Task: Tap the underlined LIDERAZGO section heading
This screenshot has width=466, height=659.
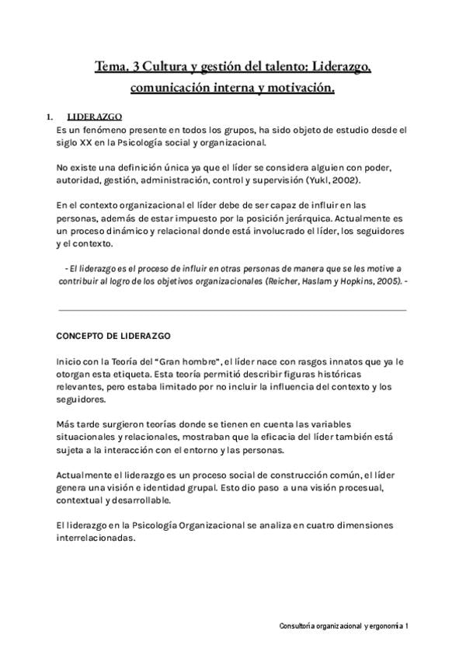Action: pyautogui.click(x=89, y=117)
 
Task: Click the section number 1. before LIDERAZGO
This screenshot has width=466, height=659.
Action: pyautogui.click(x=50, y=117)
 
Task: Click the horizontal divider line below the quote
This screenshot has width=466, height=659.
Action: pyautogui.click(x=232, y=310)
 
